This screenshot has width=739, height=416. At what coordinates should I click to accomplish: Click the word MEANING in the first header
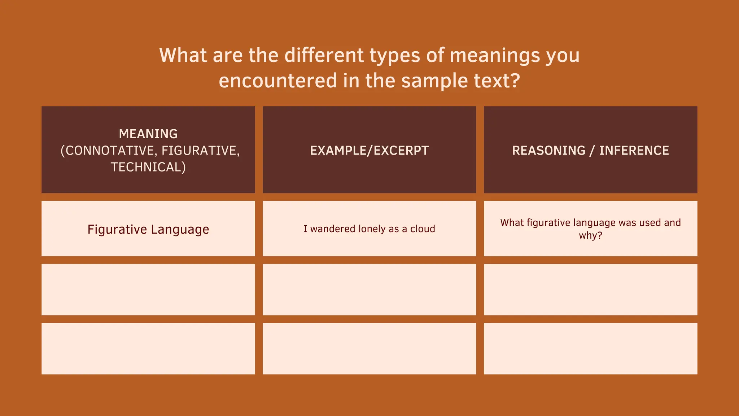tap(148, 134)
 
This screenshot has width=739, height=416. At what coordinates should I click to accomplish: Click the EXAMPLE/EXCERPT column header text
tap(369, 151)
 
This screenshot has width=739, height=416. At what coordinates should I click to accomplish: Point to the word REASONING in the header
tap(548, 151)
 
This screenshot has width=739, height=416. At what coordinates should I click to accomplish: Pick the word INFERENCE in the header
tap(634, 151)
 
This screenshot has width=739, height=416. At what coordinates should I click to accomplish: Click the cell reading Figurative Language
tap(148, 229)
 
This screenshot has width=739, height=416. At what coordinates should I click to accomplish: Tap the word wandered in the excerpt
tap(333, 229)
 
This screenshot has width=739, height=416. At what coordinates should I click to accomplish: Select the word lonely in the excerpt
tap(372, 229)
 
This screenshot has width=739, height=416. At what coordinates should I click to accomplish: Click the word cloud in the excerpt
tap(423, 229)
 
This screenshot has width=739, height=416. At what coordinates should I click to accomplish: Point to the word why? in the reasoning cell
tap(590, 235)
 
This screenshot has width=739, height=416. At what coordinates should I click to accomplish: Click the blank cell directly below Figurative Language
tap(148, 290)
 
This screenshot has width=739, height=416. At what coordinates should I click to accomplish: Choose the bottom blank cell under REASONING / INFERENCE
tap(590, 348)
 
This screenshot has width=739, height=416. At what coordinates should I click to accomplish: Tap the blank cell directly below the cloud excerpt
tap(369, 290)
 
